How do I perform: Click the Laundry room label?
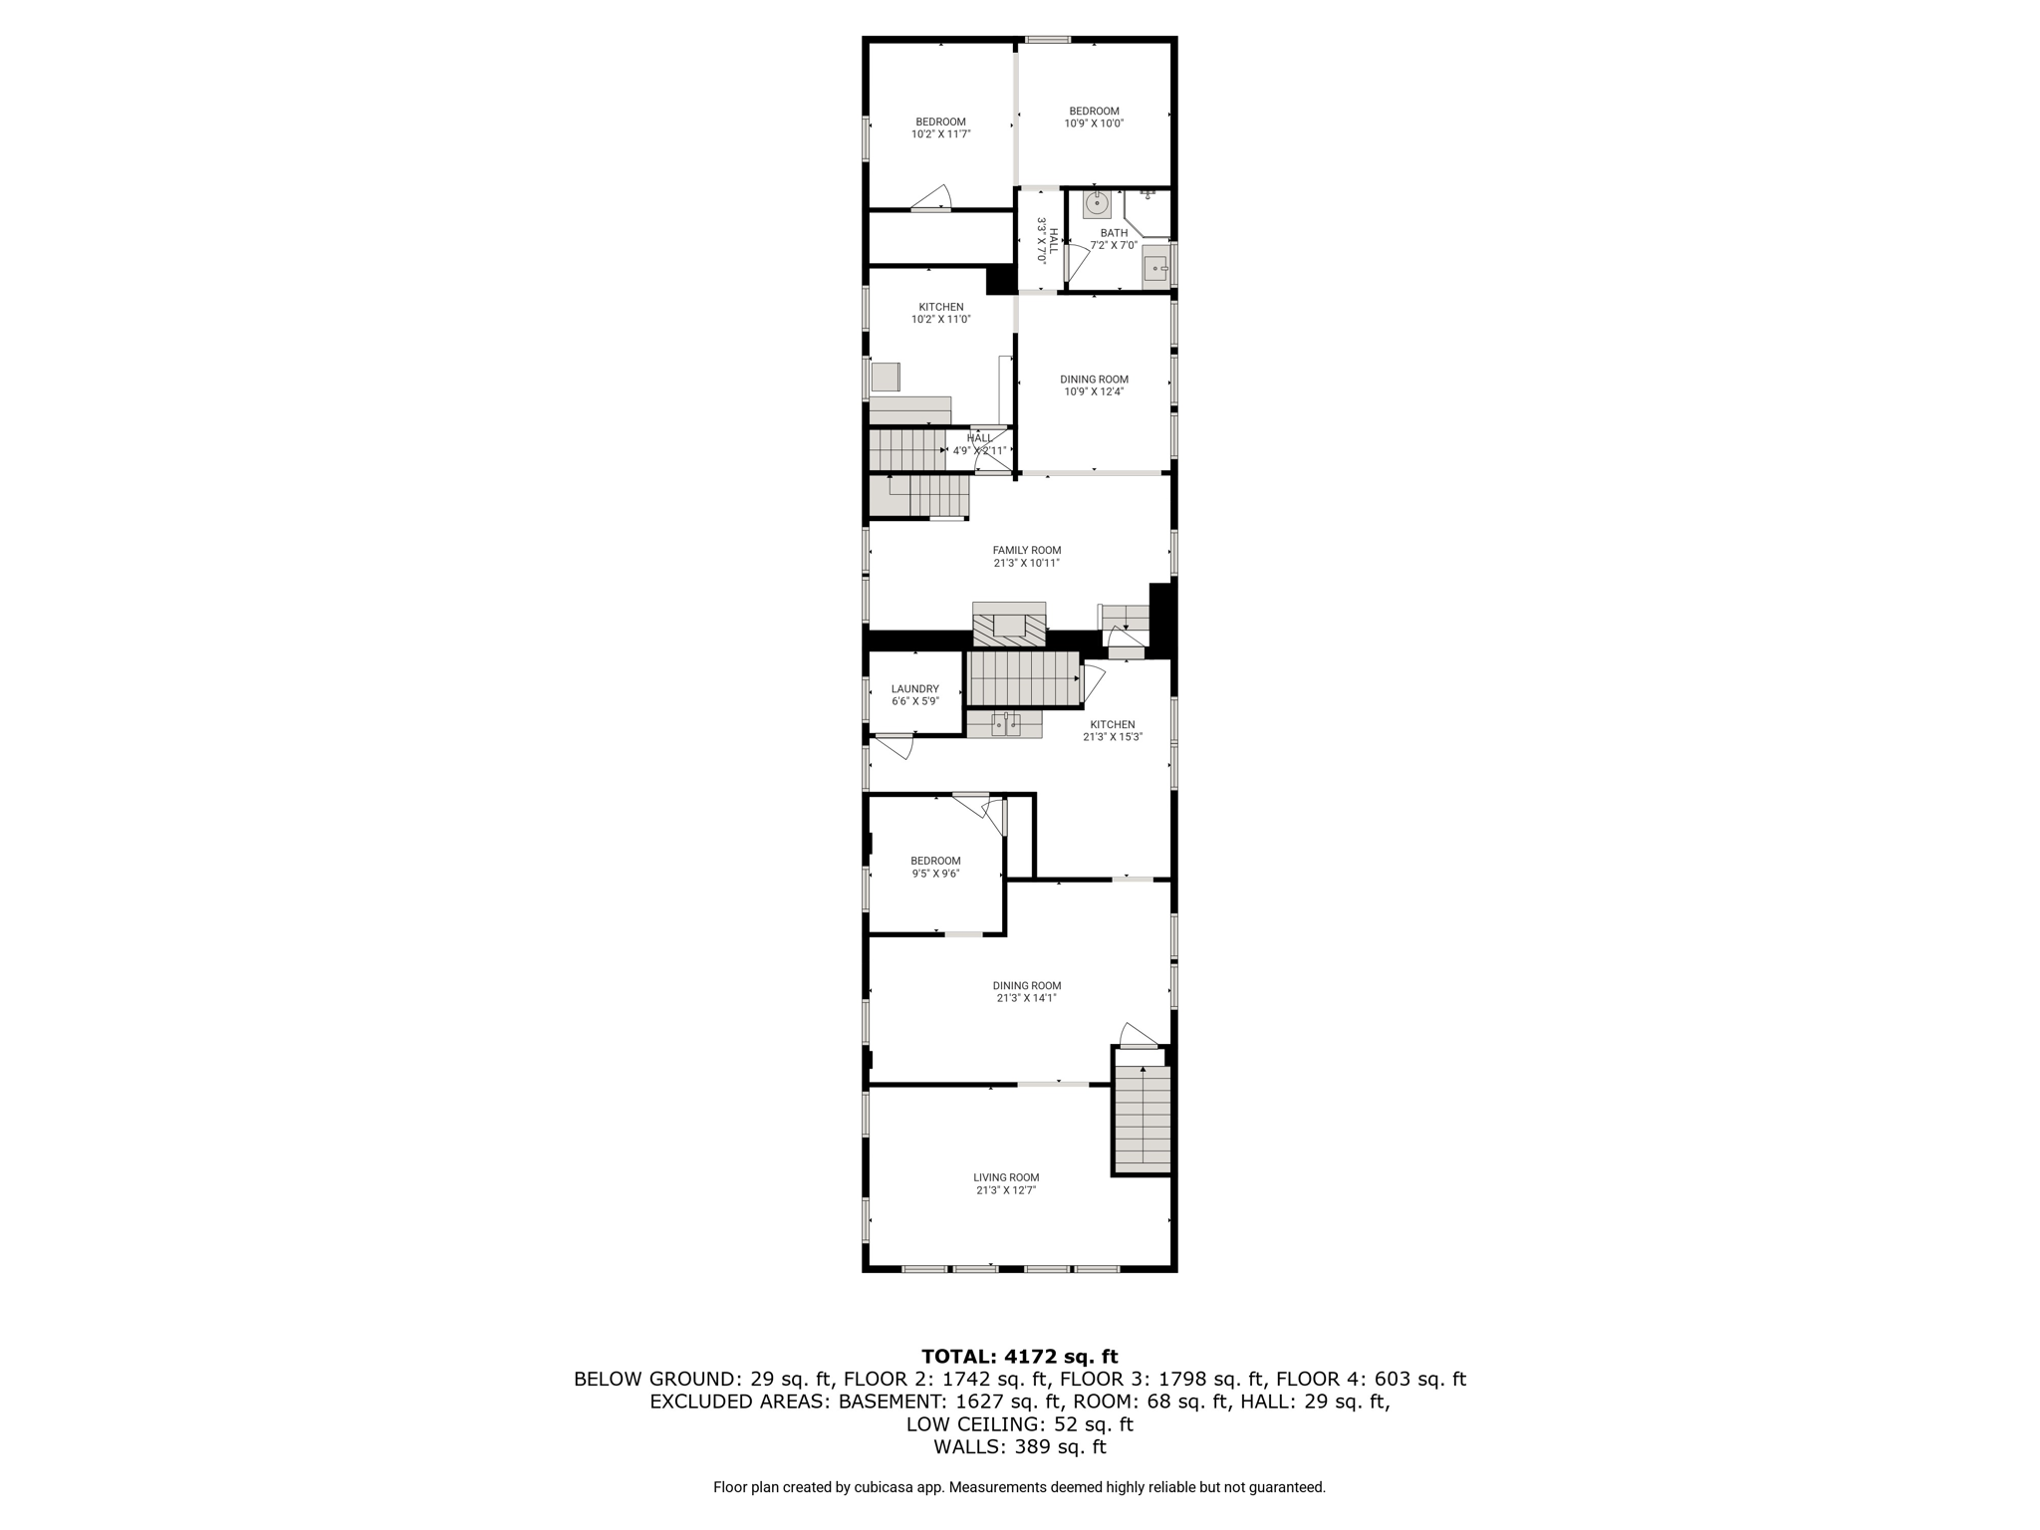[x=914, y=688]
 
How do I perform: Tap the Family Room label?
[x=1026, y=550]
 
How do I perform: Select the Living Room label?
[x=1006, y=1177]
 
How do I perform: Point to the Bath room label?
[x=1114, y=233]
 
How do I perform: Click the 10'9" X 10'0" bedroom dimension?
[x=1094, y=125]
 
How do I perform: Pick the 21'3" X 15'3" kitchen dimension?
[x=1113, y=737]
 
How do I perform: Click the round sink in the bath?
[x=1097, y=204]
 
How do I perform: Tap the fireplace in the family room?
[x=1009, y=626]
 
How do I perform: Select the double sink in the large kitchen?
[x=1005, y=724]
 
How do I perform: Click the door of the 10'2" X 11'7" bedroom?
[x=931, y=198]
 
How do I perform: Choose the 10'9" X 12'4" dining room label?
[x=1094, y=380]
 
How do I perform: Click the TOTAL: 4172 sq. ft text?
[x=1019, y=1356]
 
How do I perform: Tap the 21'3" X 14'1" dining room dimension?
[x=1026, y=998]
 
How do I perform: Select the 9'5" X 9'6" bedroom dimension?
[x=935, y=874]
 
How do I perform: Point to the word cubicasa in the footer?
[x=885, y=1487]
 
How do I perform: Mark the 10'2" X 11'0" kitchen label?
[x=940, y=307]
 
